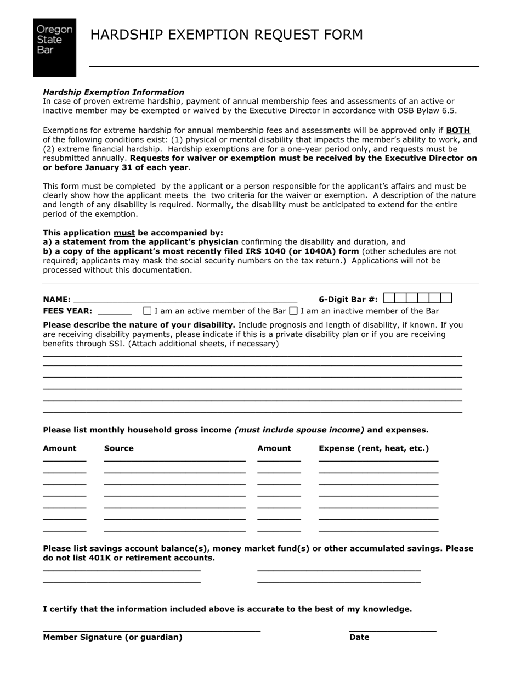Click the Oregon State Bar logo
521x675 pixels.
54,47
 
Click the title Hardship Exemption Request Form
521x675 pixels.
226,35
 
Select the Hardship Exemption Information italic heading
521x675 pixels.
114,92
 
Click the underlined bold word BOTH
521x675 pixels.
458,131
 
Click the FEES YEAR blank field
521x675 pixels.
115,310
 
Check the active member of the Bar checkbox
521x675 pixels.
147,311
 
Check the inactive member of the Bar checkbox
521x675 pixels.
293,311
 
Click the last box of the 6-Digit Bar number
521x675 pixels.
446,298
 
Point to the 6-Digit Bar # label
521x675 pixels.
348,300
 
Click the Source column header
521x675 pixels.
119,448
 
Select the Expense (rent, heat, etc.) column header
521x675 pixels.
374,448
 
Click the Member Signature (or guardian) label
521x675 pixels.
112,637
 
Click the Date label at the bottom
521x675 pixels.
359,637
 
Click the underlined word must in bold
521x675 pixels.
124,233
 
